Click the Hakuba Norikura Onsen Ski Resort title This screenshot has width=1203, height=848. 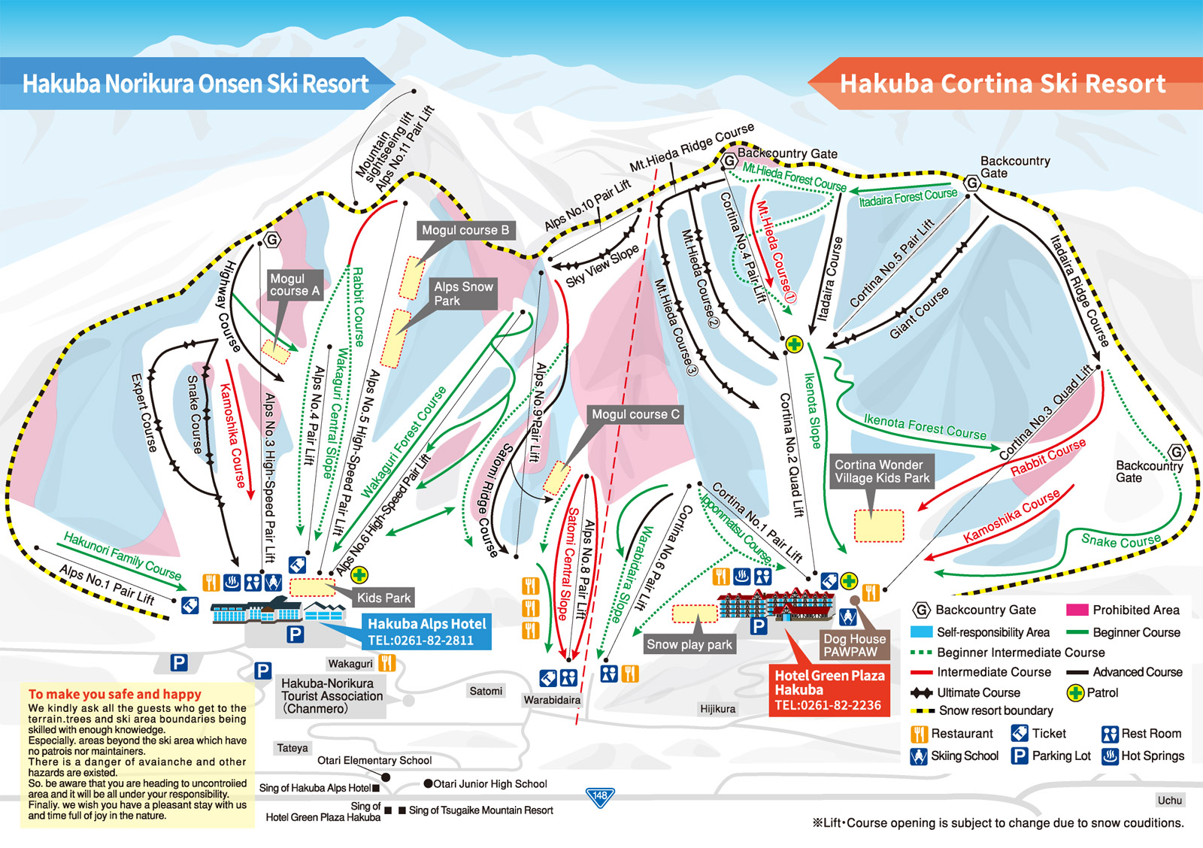coord(195,83)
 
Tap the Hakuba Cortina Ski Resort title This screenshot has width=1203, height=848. coord(1003,83)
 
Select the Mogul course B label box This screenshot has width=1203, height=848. coord(465,230)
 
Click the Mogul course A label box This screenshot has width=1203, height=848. coord(295,285)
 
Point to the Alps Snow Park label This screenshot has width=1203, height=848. coord(463,294)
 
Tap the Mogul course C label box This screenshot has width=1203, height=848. coord(635,414)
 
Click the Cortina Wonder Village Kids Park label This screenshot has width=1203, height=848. coord(882,471)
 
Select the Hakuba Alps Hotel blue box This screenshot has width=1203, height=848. coord(426,631)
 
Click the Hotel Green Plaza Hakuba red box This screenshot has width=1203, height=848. coord(829,690)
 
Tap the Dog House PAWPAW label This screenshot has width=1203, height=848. coord(854,645)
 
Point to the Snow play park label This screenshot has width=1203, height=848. coord(689,644)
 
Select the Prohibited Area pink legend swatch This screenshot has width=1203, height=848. coord(1077,610)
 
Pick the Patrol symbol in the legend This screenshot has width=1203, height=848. coord(1076,693)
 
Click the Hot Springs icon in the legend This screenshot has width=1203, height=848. coord(1110,756)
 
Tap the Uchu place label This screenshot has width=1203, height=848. coord(1170,800)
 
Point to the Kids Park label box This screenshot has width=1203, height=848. coord(383,598)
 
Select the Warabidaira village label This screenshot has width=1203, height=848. coord(552,701)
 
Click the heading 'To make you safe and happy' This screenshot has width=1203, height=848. coord(115,695)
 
